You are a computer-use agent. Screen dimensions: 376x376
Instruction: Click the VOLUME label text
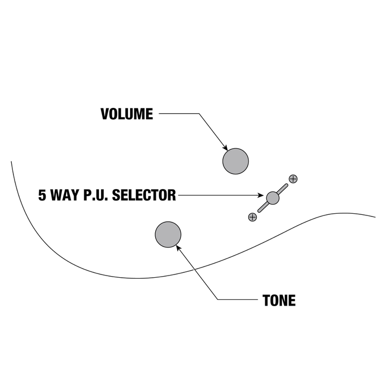[127, 114]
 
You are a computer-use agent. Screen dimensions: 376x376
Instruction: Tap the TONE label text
[279, 300]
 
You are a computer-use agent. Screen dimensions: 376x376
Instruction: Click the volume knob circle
[236, 161]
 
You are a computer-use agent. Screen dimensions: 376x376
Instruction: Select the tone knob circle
[168, 234]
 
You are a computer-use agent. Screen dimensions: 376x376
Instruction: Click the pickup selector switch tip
[273, 198]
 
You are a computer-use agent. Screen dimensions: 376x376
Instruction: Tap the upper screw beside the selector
[293, 178]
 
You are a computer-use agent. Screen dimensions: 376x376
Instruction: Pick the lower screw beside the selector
[252, 217]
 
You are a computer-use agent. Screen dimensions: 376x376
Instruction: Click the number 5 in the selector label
[42, 195]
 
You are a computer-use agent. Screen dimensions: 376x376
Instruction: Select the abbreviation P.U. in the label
[95, 195]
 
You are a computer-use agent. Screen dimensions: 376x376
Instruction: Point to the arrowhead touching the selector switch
[262, 196]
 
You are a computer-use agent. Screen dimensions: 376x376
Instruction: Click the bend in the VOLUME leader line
[199, 114]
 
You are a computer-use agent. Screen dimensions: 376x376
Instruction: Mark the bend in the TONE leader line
[218, 299]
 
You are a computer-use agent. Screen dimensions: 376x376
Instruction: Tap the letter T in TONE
[266, 300]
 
